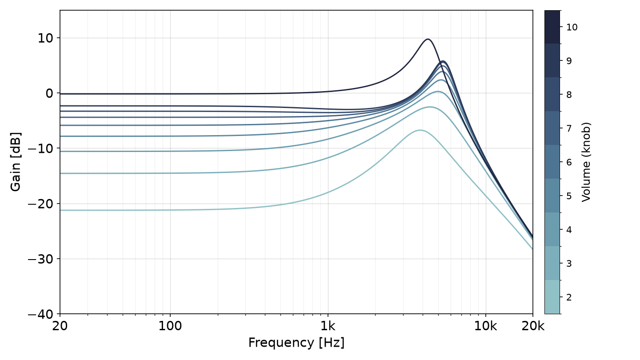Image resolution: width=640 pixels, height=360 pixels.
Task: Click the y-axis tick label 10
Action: pos(45,38)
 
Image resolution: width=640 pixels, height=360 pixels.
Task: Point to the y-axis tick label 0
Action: pos(49,93)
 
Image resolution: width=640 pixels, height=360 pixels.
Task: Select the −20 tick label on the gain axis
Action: pos(40,204)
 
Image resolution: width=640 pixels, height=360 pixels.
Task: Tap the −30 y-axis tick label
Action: pos(40,259)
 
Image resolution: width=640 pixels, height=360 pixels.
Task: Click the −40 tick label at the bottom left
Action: pos(40,314)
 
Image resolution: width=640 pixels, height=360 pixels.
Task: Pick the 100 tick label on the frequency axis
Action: pos(170,326)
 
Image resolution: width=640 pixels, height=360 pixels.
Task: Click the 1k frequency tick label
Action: pos(328,326)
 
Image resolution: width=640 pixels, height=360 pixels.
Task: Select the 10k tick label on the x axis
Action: pos(486,326)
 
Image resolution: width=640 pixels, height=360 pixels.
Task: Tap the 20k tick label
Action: pos(533,326)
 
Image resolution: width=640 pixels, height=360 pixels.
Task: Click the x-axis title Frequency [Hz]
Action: pos(296,343)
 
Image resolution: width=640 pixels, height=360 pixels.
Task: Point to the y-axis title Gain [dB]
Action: pos(16,162)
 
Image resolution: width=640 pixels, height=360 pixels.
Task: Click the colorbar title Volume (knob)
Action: pos(586,162)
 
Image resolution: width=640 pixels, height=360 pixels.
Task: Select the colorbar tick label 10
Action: pos(572,27)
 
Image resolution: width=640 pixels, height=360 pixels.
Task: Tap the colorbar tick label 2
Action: pos(569,297)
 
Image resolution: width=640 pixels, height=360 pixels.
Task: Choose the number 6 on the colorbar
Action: pos(569,162)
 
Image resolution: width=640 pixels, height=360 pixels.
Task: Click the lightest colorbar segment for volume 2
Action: pos(552,297)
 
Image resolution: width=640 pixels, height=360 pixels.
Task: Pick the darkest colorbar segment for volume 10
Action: pos(552,27)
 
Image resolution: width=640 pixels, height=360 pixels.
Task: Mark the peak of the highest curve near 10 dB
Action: pos(428,39)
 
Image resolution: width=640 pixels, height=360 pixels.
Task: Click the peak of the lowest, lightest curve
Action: pos(420,130)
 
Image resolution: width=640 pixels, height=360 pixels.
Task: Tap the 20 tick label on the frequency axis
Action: pos(60,326)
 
